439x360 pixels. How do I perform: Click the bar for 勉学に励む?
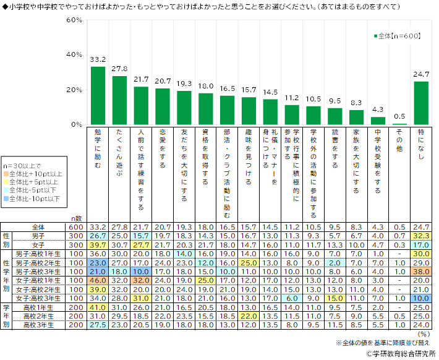pyautogui.click(x=98, y=95)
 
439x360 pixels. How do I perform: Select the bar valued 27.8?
pyautogui.click(x=119, y=100)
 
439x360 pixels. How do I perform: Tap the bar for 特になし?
pyautogui.click(x=421, y=103)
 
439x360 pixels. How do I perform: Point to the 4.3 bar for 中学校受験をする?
pyautogui.click(x=378, y=121)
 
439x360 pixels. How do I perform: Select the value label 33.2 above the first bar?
pyautogui.click(x=98, y=59)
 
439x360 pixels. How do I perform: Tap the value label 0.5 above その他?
pyautogui.click(x=399, y=116)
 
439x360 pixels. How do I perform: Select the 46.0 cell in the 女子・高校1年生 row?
pyautogui.click(x=98, y=280)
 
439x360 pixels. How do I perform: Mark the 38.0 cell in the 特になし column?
pyautogui.click(x=421, y=272)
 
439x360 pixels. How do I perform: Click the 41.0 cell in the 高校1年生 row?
pyautogui.click(x=98, y=307)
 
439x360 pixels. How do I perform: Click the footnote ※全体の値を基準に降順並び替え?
pyautogui.click(x=383, y=341)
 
